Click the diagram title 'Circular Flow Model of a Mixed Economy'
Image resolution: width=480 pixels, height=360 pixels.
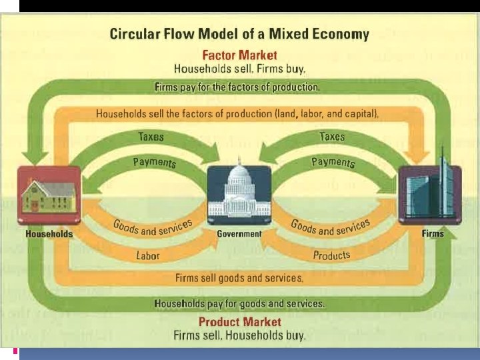[x=239, y=34]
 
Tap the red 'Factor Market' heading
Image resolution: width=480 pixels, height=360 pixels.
[x=239, y=55]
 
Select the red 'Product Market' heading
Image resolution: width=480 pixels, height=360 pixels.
[x=239, y=323]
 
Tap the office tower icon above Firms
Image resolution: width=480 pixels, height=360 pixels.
[x=429, y=193]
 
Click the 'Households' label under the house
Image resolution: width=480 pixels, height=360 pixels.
[x=49, y=234]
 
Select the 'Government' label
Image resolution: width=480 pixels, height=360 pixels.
[x=239, y=234]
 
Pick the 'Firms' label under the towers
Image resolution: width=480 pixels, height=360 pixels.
[x=432, y=234]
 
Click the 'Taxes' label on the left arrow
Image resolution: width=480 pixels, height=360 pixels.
[x=151, y=136]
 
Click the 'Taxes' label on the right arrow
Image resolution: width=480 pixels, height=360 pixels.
[x=331, y=136]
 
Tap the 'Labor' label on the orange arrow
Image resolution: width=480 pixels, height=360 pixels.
[x=147, y=255]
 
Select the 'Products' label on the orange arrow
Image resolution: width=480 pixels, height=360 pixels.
[x=331, y=255]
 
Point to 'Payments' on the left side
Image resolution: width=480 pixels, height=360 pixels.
[x=155, y=162]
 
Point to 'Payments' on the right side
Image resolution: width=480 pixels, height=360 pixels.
[x=333, y=162]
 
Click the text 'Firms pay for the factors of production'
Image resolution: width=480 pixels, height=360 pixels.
[x=237, y=87]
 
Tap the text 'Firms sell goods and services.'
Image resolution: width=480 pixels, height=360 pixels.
[x=239, y=277]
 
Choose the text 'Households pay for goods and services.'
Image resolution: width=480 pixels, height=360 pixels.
[x=239, y=303]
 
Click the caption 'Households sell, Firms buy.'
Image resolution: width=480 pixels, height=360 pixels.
[x=239, y=68]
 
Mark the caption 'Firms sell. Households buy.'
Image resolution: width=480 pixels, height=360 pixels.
[x=239, y=335]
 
